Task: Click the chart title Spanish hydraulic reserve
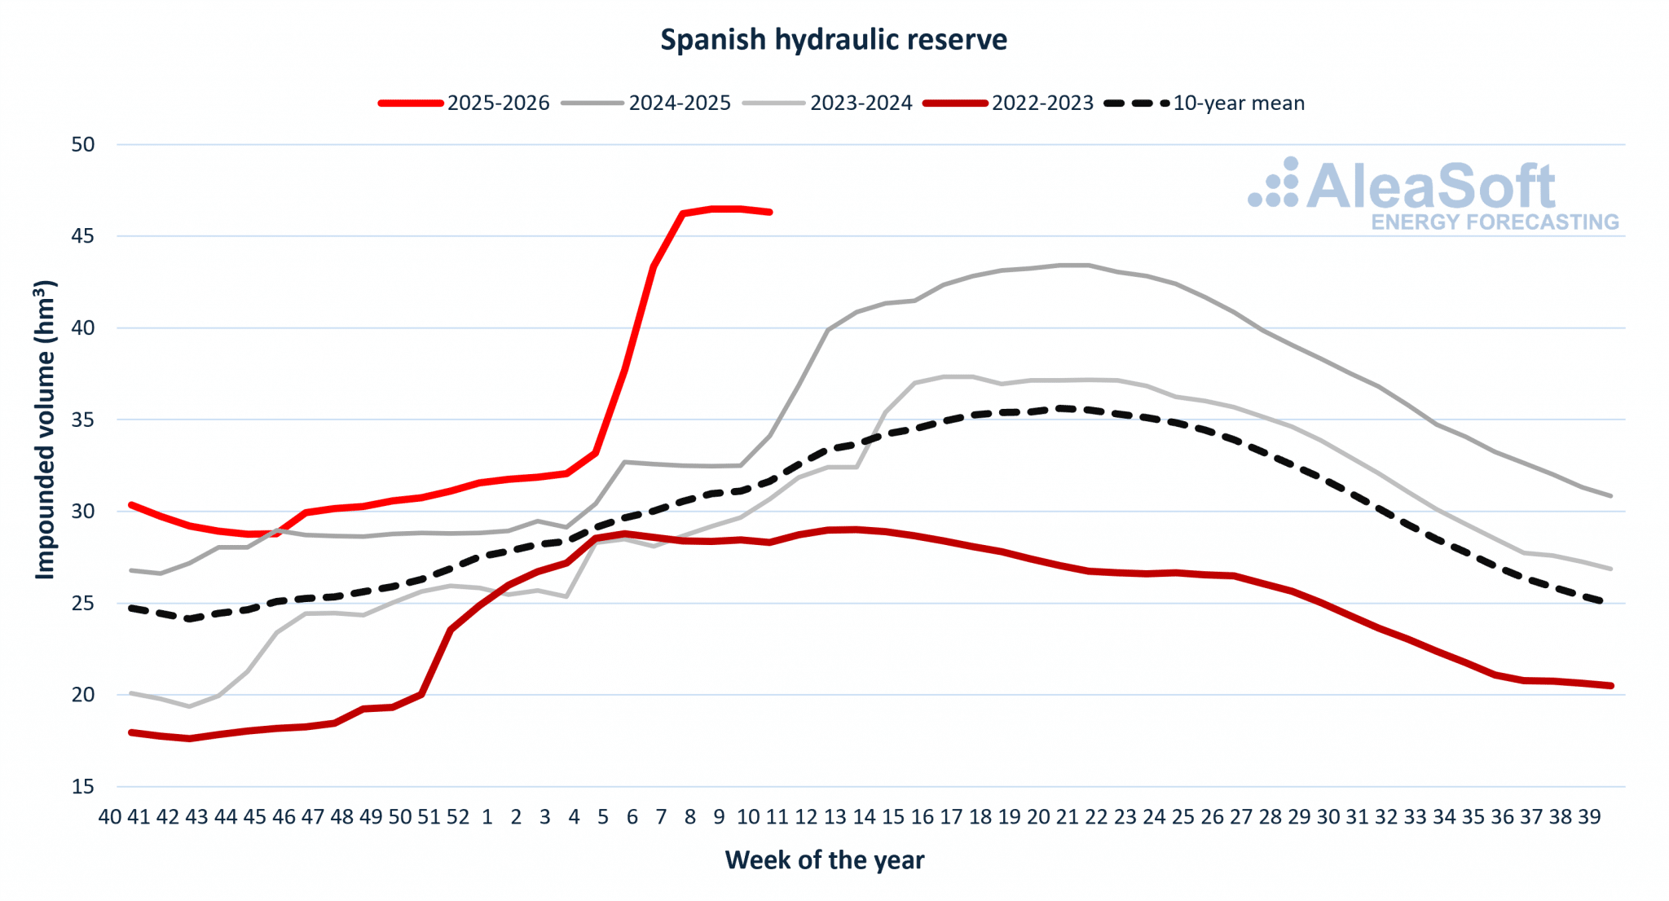click(833, 39)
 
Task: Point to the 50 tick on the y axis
click(83, 145)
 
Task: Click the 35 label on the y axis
click(83, 420)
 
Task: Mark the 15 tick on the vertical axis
click(83, 787)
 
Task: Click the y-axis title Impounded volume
click(45, 430)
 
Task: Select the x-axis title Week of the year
click(824, 860)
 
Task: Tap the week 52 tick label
click(458, 817)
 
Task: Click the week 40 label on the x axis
click(110, 817)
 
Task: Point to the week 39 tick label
click(1589, 817)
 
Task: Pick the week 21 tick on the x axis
click(1067, 817)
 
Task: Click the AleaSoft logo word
click(1430, 187)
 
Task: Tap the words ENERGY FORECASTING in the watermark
click(1495, 222)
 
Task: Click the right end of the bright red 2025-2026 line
click(769, 212)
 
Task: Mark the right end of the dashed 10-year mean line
click(1602, 602)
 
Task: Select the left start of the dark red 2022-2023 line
click(131, 732)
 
